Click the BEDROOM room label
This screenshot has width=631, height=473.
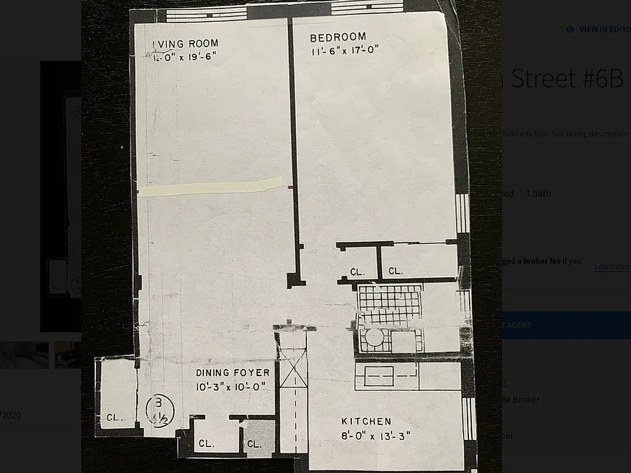point(338,38)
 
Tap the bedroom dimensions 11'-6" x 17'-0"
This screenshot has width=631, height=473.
point(345,51)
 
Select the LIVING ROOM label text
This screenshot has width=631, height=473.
point(186,43)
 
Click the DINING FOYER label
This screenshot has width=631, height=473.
point(232,373)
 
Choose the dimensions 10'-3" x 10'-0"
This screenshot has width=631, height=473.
point(231,387)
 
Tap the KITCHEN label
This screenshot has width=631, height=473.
point(366,422)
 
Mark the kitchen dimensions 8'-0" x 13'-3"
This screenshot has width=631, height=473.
point(376,436)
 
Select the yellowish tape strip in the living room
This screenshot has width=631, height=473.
point(210,187)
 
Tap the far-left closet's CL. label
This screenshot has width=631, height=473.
point(114,417)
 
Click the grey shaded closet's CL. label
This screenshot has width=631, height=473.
point(254,443)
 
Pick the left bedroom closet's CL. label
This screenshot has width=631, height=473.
point(357,272)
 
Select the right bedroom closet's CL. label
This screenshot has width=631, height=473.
point(395,271)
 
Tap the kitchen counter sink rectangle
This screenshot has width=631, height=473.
point(379,376)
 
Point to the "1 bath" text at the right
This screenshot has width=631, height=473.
point(538,193)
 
